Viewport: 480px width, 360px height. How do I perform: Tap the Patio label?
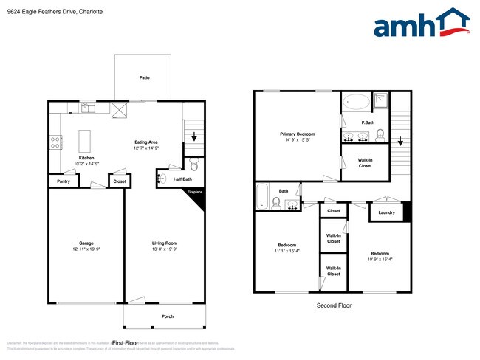click(x=145, y=76)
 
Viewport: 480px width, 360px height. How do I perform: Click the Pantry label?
click(x=64, y=181)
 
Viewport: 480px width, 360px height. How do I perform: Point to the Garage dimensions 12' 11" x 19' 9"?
click(x=86, y=249)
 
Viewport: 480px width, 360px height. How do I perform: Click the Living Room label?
click(x=165, y=243)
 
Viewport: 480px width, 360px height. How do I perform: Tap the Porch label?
click(x=168, y=316)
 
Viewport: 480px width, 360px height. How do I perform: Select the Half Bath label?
click(x=183, y=179)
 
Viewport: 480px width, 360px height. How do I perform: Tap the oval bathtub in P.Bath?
click(x=360, y=103)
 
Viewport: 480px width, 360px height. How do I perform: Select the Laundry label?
click(x=386, y=212)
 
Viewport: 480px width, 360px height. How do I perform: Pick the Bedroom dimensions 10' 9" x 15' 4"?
click(x=380, y=258)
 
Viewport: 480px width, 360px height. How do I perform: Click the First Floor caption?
click(x=125, y=343)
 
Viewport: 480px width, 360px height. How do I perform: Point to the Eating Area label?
click(x=145, y=142)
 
